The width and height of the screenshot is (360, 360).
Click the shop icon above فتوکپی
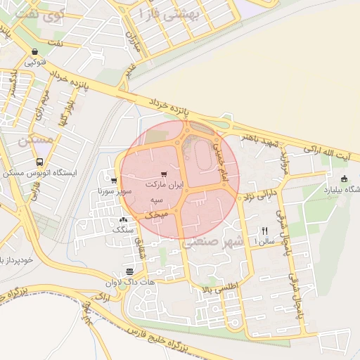(x=34, y=51)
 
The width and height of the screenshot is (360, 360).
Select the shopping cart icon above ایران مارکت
(x=164, y=174)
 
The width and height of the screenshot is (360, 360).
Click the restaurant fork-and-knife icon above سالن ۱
(x=265, y=231)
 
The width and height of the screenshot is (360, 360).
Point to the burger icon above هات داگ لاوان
(x=129, y=271)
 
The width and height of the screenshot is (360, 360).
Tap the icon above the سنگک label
(x=124, y=219)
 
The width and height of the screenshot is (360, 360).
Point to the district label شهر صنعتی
(x=213, y=242)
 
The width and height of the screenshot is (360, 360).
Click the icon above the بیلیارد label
(x=344, y=179)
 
